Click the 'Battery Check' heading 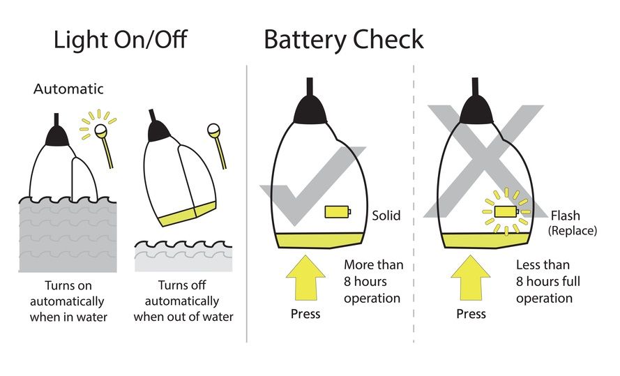coord(343,40)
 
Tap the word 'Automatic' coord(68,89)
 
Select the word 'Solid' coord(386,215)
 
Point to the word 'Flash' coord(565,216)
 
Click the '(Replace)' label coord(572,230)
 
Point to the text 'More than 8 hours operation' coord(373,281)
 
